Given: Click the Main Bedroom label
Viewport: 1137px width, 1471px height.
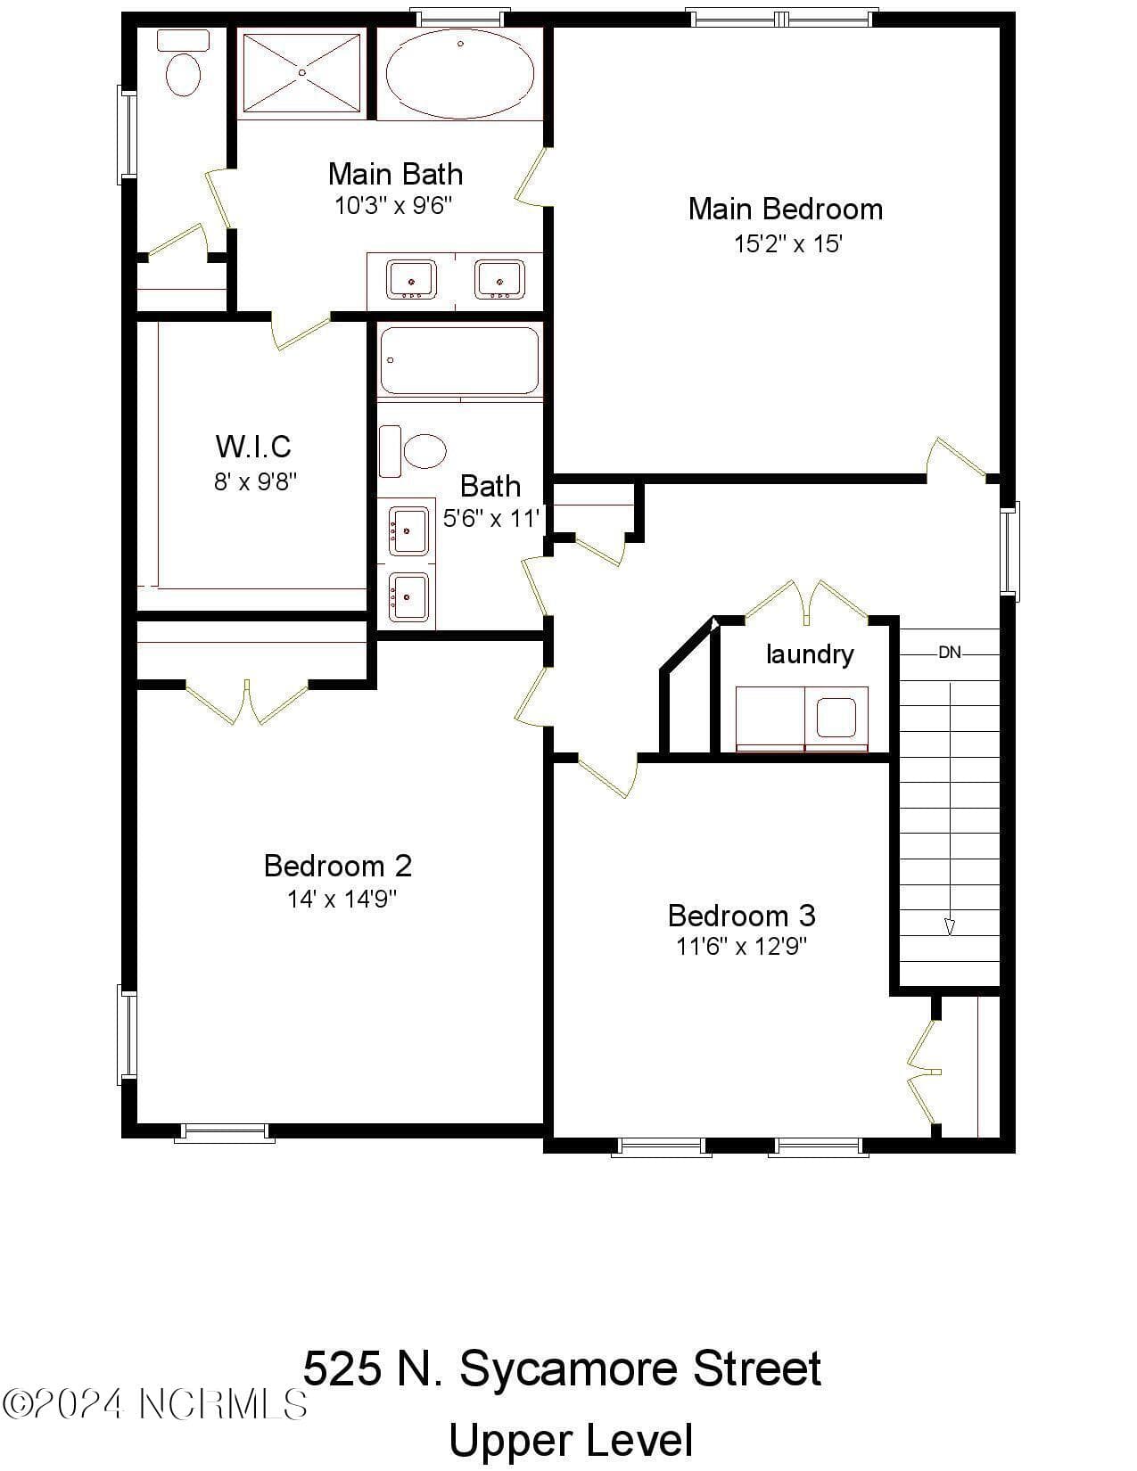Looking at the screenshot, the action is tap(786, 210).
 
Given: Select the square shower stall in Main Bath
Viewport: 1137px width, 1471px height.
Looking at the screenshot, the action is tap(301, 72).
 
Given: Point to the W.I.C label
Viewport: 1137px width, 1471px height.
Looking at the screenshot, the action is tap(253, 446).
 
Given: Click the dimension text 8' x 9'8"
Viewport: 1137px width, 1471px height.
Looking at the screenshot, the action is tap(255, 482).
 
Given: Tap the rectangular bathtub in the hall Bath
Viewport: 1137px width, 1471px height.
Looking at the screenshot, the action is tap(460, 360).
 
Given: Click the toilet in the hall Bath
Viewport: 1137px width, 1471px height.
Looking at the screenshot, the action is tap(412, 451).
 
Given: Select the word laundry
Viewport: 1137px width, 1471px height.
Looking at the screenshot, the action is tap(809, 654).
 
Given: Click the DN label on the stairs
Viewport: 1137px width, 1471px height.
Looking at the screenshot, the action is tap(950, 653).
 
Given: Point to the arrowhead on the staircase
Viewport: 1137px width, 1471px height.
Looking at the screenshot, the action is tap(950, 927).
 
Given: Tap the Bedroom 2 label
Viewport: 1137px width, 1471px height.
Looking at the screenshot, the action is tap(338, 866).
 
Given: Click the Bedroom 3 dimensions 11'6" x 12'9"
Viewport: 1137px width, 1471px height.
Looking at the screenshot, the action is tap(742, 947).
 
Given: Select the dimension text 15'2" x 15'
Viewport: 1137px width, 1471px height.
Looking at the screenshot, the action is tap(788, 243).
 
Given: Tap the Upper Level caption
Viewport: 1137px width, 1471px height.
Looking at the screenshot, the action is tap(571, 1440).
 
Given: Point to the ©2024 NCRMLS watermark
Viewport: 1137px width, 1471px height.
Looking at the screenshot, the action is tap(154, 1404).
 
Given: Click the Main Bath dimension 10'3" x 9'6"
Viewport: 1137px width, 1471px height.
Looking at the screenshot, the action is tap(393, 205).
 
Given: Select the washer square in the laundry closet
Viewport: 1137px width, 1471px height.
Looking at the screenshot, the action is tap(836, 717).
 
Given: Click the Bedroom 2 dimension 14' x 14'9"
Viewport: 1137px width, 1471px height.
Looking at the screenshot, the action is tap(342, 899).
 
